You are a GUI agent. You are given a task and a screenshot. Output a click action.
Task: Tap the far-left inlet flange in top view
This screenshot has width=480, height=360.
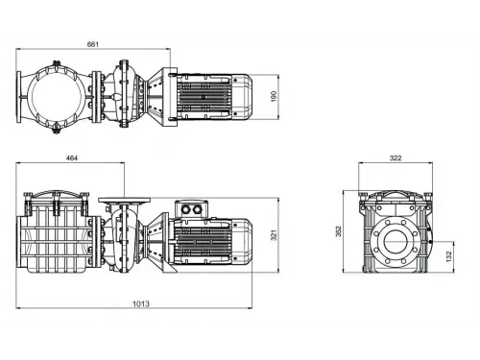(22, 96)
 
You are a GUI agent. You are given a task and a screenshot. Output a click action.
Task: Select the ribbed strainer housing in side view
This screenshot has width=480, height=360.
(56, 240)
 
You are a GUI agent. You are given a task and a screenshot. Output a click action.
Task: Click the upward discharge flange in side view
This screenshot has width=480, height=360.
(124, 198)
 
